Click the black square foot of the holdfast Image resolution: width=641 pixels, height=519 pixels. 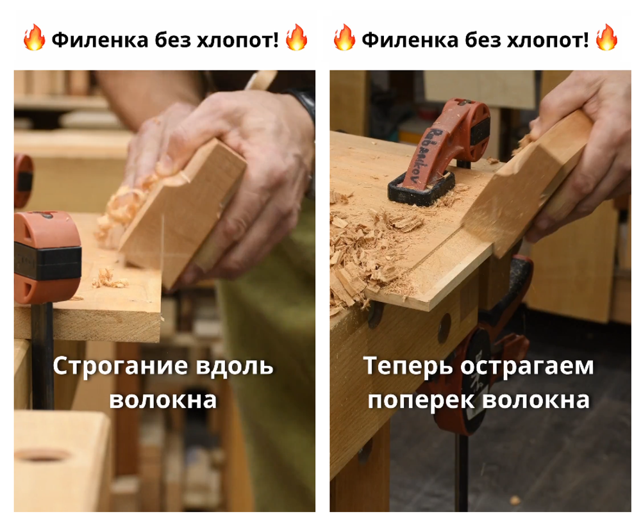tap(420, 189)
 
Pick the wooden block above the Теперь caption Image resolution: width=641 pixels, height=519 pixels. tap(526, 186)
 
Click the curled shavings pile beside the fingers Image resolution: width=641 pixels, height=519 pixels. tap(128, 205)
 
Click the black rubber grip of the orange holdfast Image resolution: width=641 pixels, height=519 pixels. tap(478, 125)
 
